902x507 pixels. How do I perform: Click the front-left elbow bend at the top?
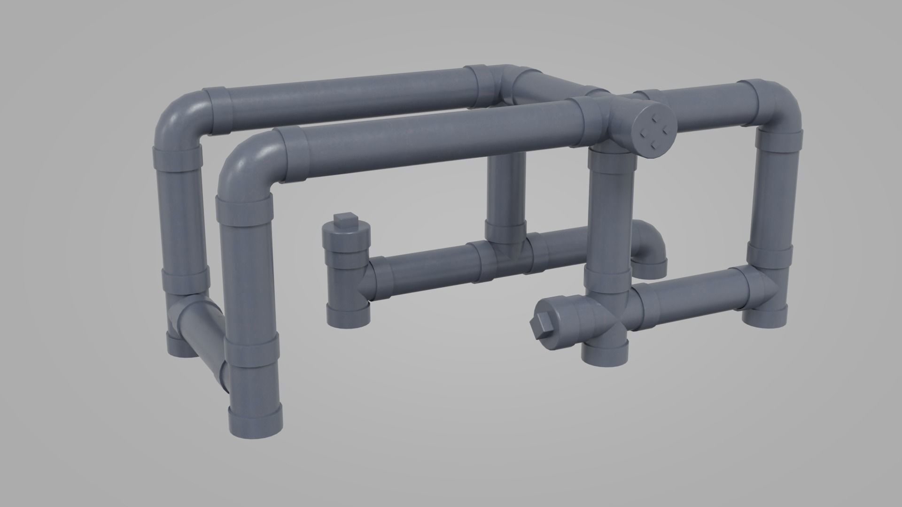pyautogui.click(x=247, y=162)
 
